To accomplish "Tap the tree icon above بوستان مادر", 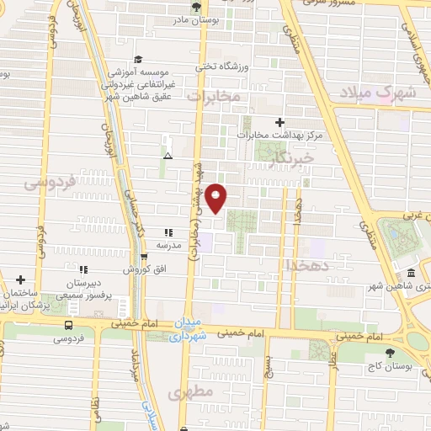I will tap(196, 7).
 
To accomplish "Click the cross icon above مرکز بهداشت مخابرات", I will tap(279, 122).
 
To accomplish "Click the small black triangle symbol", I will tap(168, 157).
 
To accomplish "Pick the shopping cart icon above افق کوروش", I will tap(144, 257).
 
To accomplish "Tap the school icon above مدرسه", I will tap(168, 231).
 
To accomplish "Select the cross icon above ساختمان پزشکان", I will tap(20, 279).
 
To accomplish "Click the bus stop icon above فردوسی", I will tap(68, 326).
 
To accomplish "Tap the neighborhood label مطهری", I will tap(186, 392).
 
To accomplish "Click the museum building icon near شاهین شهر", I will tap(410, 274).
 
